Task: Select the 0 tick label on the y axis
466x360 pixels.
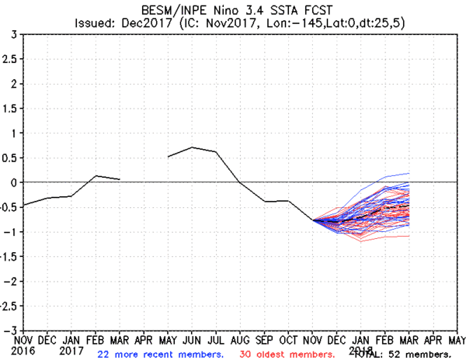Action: (15, 183)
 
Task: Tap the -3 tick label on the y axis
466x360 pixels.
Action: (12, 330)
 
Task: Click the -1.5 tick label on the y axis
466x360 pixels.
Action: (9, 257)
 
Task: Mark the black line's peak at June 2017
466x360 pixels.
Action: (193, 147)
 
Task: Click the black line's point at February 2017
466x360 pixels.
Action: (96, 175)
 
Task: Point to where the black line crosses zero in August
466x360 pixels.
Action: (240, 182)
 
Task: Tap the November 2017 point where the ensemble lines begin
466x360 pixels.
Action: (314, 220)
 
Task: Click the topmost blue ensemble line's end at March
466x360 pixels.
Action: (409, 173)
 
